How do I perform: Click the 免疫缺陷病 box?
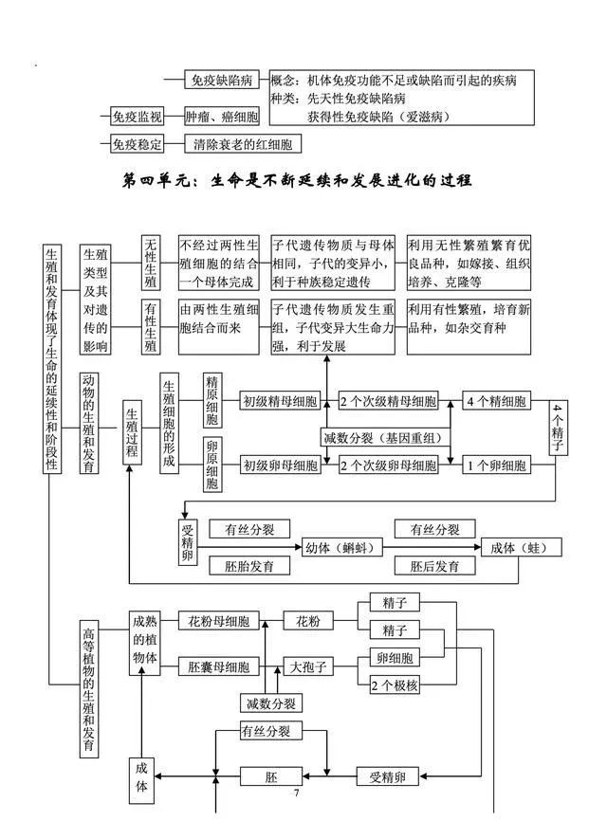(222, 80)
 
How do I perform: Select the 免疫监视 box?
(137, 117)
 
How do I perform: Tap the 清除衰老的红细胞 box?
(243, 144)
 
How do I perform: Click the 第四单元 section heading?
(297, 181)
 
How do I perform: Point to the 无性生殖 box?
(150, 263)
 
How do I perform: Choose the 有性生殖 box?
(150, 327)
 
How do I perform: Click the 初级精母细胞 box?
(280, 402)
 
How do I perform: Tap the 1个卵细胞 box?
(496, 465)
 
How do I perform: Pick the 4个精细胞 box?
(496, 401)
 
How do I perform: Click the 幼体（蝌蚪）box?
(342, 548)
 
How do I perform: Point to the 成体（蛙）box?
(521, 548)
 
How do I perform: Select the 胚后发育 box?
(434, 566)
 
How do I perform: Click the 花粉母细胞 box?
(218, 621)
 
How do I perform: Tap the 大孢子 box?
(308, 666)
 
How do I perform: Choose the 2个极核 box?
(395, 684)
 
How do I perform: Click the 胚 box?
(271, 776)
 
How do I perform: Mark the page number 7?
(297, 793)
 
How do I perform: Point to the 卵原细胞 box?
(212, 465)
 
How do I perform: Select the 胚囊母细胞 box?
(218, 666)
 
